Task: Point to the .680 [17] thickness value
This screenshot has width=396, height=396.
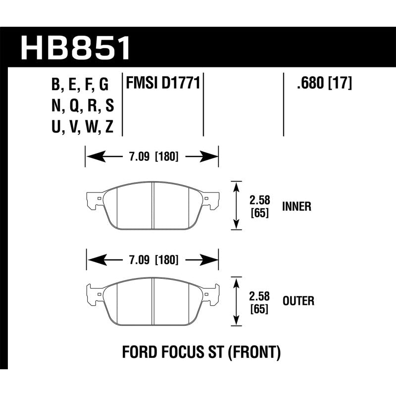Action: pyautogui.click(x=324, y=84)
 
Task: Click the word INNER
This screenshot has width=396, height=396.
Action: pyautogui.click(x=297, y=206)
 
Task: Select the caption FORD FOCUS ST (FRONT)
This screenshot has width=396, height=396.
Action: pyautogui.click(x=201, y=353)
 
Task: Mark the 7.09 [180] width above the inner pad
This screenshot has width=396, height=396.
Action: pyautogui.click(x=152, y=158)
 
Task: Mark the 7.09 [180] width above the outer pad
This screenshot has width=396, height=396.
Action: pyautogui.click(x=152, y=259)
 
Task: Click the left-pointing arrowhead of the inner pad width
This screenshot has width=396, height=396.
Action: pyautogui.click(x=92, y=158)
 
